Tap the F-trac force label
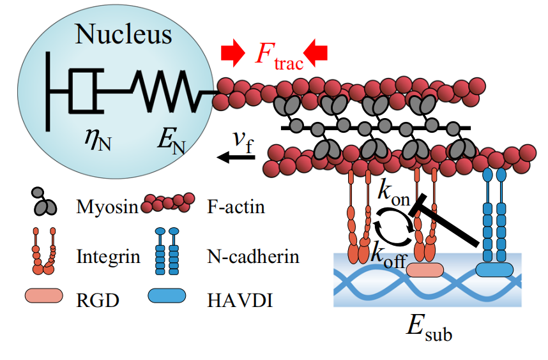pyautogui.click(x=278, y=56)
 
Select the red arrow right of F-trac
pyautogui.click(x=316, y=54)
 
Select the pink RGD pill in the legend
pyautogui.click(x=43, y=296)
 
